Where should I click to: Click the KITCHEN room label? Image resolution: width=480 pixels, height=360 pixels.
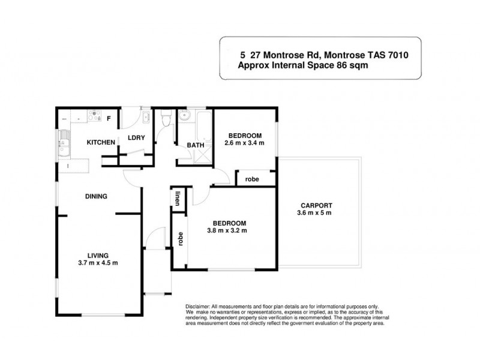pos(101,142)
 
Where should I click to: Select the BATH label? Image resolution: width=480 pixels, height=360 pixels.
pos(195,145)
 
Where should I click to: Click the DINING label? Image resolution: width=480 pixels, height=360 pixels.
pos(95,196)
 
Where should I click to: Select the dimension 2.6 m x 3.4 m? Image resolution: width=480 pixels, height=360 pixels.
pos(244,143)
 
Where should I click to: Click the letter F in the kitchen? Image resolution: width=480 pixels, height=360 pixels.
pos(109,118)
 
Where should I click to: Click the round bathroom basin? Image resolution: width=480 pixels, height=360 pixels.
pos(185,116)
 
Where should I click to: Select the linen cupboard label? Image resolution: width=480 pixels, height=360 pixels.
pos(178,199)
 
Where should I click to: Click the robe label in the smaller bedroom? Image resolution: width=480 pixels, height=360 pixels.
pos(252,178)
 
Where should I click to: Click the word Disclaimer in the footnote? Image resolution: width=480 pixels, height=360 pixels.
pos(199,307)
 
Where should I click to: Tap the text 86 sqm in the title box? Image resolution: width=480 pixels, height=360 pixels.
pos(349,67)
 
